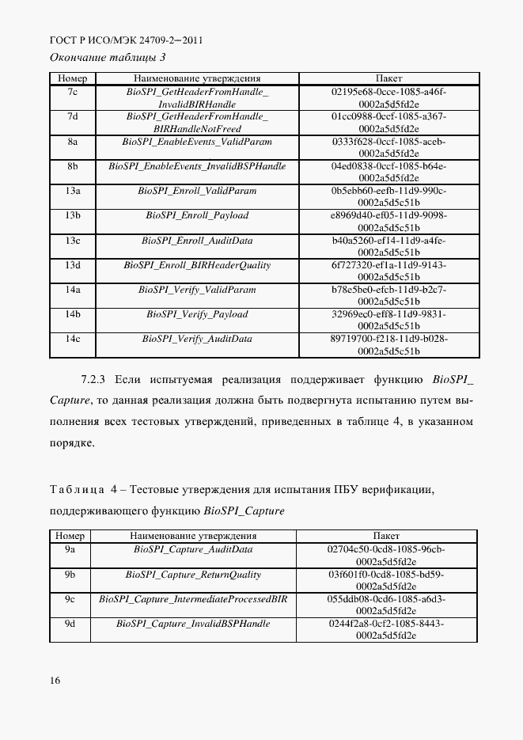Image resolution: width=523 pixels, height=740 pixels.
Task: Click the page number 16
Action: tap(55, 680)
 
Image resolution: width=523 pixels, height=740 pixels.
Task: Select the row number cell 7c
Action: tap(72, 92)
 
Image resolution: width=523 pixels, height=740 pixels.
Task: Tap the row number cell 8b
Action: tap(72, 166)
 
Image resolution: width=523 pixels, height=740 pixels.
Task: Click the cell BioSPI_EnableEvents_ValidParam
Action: tap(197, 142)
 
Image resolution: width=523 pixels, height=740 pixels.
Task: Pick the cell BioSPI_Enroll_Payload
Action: tap(197, 215)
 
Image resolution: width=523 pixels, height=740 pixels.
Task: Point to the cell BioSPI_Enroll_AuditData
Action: tap(197, 240)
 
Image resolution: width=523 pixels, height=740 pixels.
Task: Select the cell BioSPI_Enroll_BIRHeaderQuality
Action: tap(197, 264)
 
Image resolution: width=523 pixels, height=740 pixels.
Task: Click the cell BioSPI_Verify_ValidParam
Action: tap(197, 290)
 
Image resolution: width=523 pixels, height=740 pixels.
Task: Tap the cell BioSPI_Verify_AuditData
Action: tap(197, 339)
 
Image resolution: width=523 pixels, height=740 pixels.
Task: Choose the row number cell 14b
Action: tap(72, 314)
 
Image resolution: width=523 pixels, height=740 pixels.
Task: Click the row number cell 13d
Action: tap(72, 264)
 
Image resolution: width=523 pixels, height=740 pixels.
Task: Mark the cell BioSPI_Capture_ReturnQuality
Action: tap(193, 575)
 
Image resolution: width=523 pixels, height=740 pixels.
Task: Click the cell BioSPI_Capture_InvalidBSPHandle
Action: tap(193, 624)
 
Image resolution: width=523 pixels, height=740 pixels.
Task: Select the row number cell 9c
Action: tap(70, 599)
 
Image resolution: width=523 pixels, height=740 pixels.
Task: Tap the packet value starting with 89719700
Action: tap(388, 344)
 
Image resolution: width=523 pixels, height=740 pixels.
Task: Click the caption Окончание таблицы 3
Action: tap(108, 57)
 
